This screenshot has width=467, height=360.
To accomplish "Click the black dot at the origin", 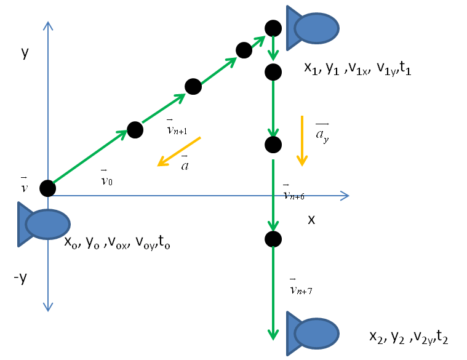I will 47,188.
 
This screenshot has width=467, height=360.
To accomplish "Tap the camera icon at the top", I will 312,28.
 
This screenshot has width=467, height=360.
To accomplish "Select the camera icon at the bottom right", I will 312,334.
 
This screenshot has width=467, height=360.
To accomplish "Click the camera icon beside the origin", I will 43,224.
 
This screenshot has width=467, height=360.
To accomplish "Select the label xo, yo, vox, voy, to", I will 117,242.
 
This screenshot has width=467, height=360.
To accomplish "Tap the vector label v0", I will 106,179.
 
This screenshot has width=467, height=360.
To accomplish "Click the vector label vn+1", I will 176,129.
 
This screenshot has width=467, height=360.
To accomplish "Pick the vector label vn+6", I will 293,193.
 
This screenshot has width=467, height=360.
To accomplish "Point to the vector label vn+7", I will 300,287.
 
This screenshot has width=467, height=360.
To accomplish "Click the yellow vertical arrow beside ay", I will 301,140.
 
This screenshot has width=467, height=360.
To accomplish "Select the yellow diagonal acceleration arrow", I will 179,151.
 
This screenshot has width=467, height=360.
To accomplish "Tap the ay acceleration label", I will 322,133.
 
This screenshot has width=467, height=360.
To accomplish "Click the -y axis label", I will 20,278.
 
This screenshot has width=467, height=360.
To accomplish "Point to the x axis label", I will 311,219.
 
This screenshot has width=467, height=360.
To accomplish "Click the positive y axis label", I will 25,52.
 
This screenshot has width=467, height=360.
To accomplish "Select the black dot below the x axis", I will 273,239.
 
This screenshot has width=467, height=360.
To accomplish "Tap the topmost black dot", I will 273,28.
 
